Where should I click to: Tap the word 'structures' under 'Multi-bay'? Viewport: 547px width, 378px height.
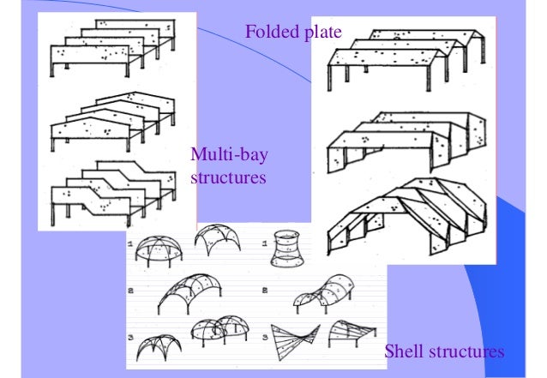coord(227,177)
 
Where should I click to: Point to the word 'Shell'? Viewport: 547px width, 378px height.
coord(404,351)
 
